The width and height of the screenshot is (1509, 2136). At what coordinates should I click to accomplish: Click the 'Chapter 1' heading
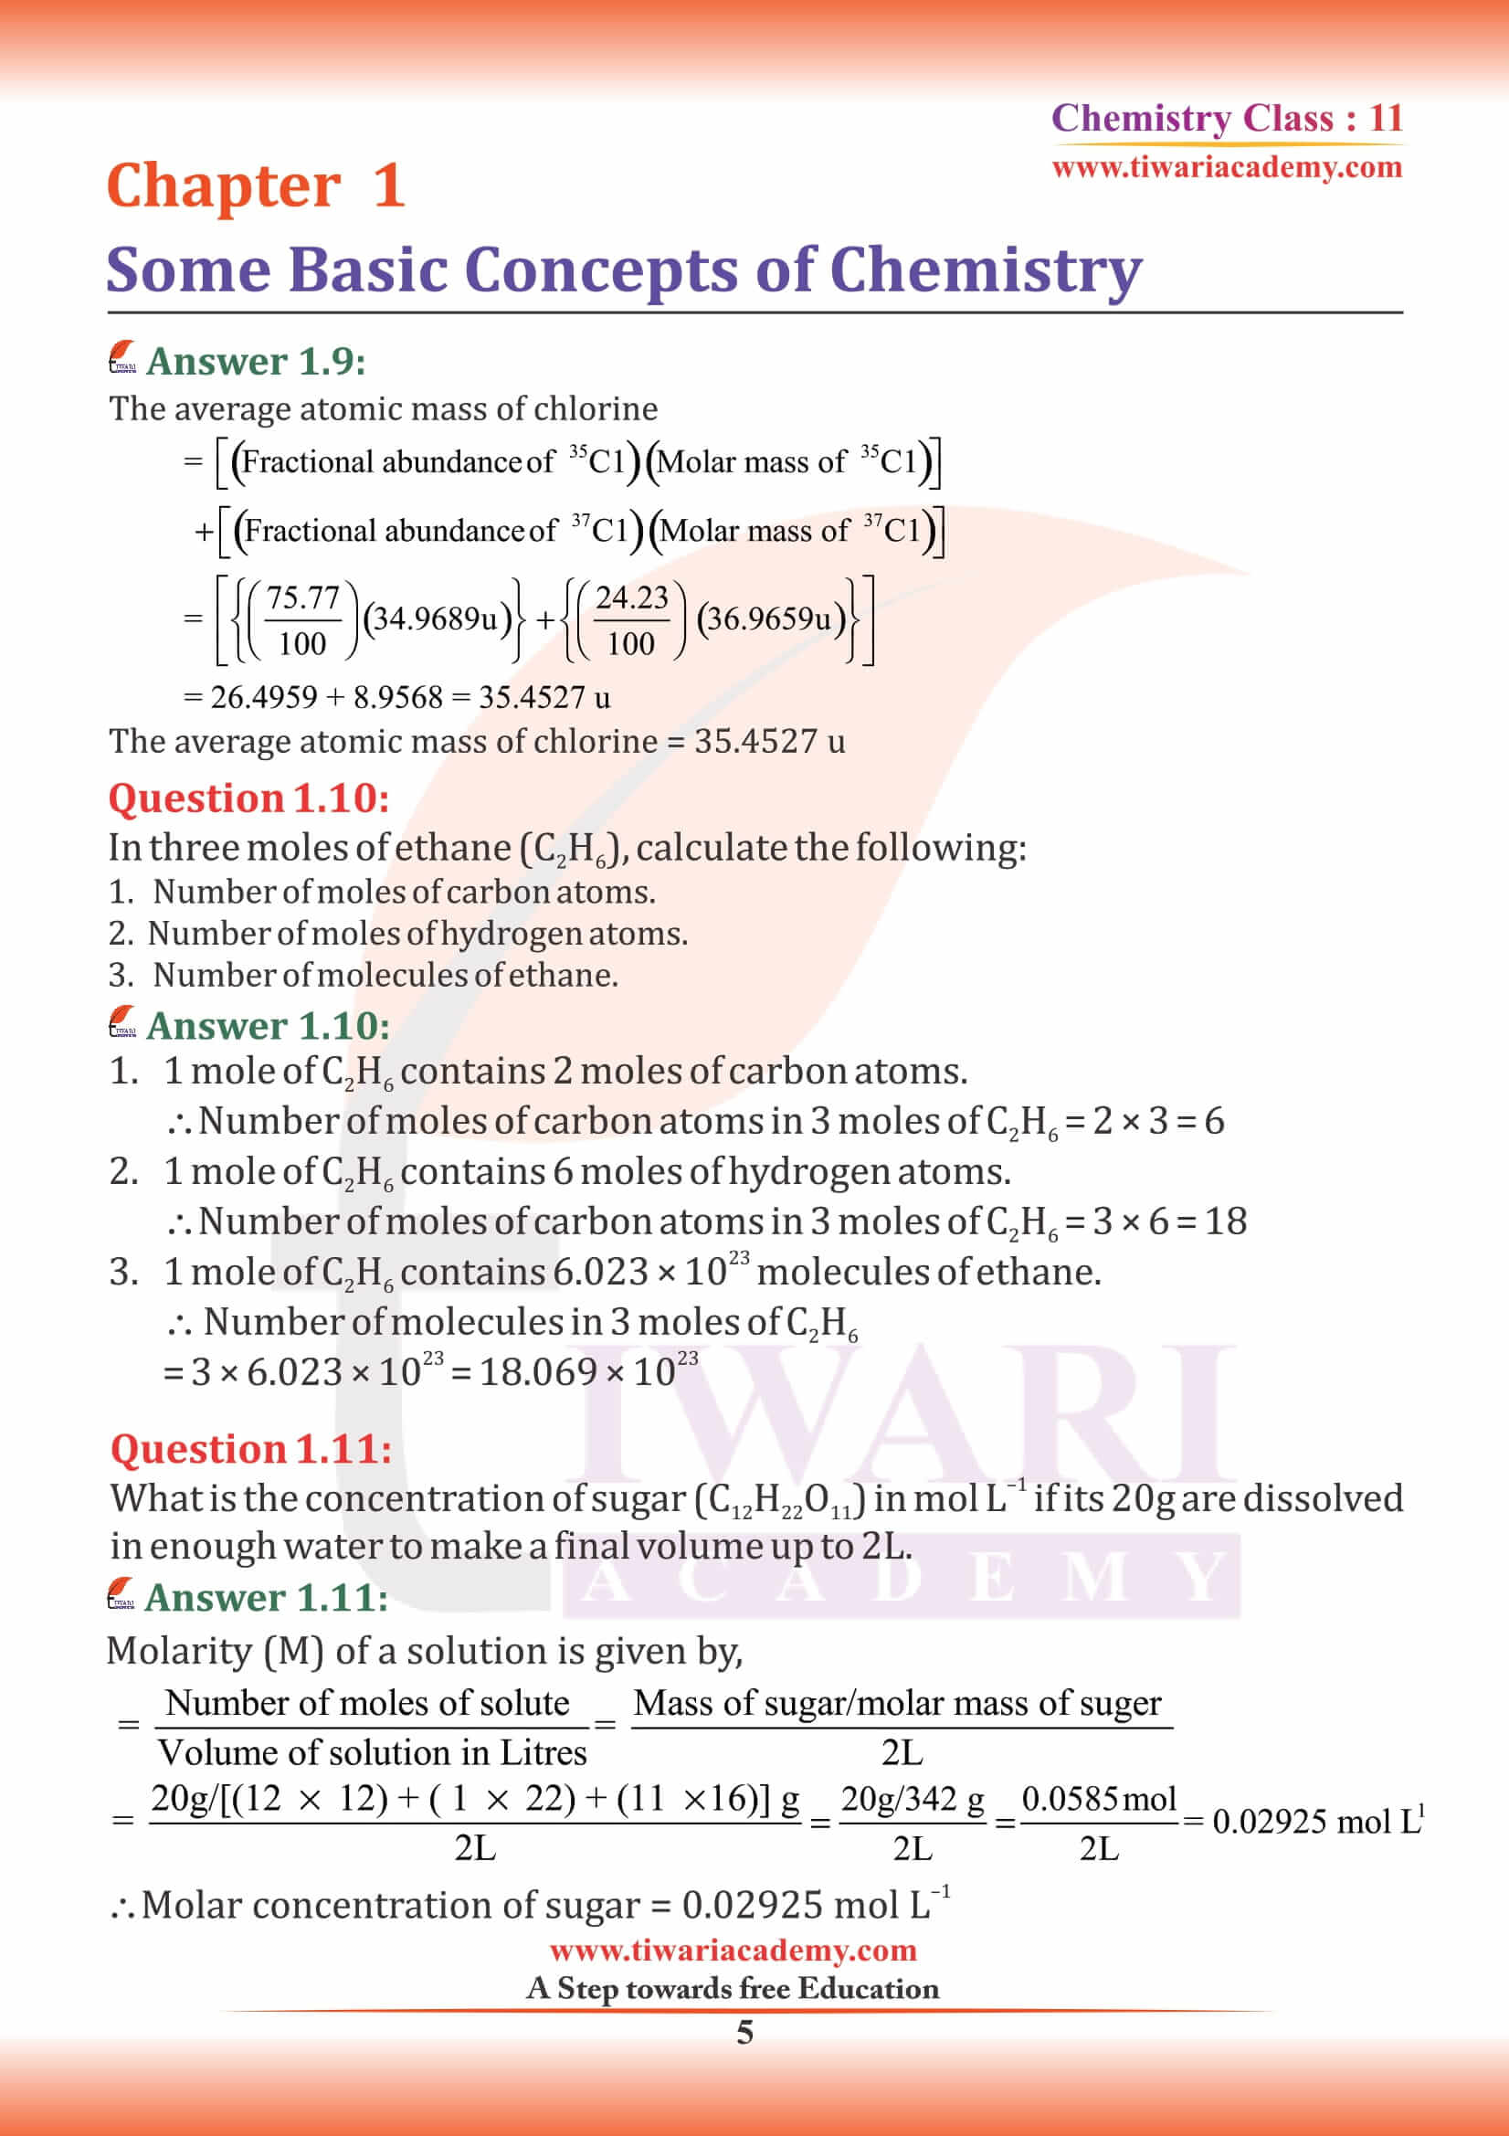[256, 186]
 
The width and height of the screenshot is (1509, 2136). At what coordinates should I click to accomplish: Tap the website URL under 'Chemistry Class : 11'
[1226, 168]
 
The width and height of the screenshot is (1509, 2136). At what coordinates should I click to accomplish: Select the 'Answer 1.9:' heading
[256, 362]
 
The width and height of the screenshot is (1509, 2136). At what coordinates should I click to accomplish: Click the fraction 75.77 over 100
[302, 619]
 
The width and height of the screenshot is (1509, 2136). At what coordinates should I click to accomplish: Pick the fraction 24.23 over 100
[631, 619]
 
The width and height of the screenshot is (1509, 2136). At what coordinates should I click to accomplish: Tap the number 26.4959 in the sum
[263, 697]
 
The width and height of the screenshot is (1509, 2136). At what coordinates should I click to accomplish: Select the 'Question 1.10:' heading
[248, 798]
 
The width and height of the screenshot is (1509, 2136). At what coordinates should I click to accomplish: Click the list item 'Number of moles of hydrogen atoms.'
[417, 933]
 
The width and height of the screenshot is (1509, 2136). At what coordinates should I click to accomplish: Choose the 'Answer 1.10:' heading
[268, 1026]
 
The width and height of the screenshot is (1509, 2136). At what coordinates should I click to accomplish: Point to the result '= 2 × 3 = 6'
[1145, 1121]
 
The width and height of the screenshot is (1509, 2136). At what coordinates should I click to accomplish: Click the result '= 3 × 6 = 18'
[1155, 1221]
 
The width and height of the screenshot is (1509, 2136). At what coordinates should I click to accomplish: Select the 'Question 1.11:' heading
[250, 1448]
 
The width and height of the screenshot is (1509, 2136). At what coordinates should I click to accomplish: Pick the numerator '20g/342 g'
[912, 1799]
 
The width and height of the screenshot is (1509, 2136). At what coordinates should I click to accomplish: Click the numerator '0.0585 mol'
[1099, 1799]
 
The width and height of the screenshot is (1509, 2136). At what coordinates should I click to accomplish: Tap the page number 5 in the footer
[745, 2033]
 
